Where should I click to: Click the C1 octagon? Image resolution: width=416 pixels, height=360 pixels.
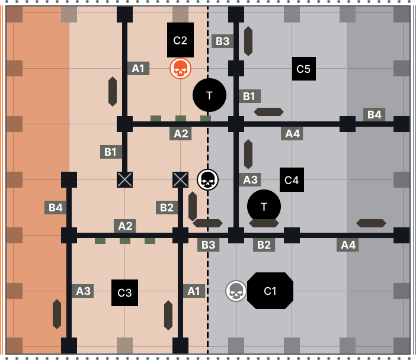[270, 291]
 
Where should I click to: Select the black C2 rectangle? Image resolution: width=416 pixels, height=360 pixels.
[180, 40]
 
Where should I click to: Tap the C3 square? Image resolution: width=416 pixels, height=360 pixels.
[124, 292]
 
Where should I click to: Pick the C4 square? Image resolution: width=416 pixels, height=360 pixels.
[292, 180]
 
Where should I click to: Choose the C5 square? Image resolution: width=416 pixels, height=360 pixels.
[303, 69]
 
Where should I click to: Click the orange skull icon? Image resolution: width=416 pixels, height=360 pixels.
[180, 69]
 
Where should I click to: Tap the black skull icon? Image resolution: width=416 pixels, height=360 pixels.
[207, 179]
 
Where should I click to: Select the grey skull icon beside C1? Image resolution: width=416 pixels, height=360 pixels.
[236, 291]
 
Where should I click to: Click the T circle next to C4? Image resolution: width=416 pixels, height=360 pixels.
[264, 206]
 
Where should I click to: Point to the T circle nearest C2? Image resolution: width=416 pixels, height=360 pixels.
[209, 95]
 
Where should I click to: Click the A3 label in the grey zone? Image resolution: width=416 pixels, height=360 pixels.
[250, 180]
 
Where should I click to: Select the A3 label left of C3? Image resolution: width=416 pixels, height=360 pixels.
[83, 291]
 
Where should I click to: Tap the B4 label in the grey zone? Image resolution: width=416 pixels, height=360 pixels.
[374, 114]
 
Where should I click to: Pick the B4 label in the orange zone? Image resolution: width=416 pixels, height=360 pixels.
[55, 207]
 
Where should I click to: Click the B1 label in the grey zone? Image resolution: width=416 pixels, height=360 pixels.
[249, 96]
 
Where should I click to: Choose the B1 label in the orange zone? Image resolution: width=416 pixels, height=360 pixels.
[111, 152]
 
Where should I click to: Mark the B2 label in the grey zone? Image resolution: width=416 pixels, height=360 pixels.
[264, 245]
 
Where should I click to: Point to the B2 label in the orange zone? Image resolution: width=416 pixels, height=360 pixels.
[167, 207]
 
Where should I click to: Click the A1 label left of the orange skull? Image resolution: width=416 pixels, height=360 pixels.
[138, 68]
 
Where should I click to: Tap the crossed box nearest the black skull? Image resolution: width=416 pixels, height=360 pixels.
[180, 179]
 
